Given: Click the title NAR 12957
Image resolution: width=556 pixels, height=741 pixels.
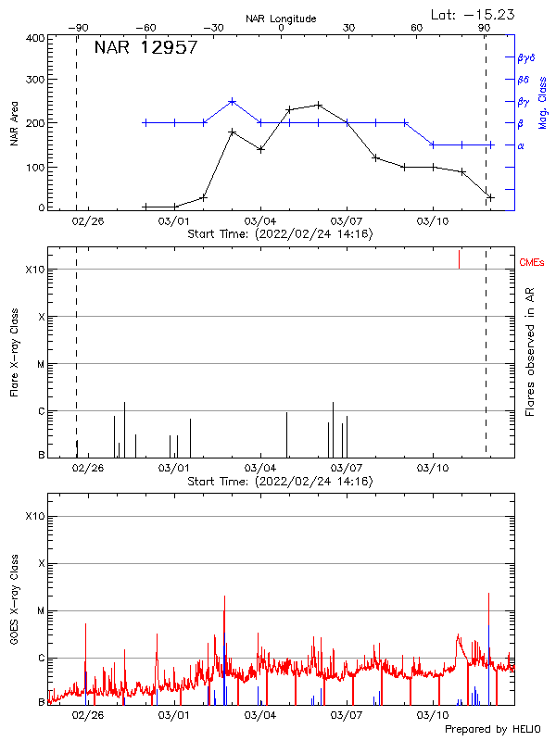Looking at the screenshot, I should click(145, 49).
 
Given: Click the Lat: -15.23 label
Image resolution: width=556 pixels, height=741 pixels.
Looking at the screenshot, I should click(474, 14).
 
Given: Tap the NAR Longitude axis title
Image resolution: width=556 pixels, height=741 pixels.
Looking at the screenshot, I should click(281, 19).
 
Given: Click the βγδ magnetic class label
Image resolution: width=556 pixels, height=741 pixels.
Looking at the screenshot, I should click(525, 57).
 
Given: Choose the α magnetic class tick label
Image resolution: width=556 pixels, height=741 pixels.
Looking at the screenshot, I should click(521, 145).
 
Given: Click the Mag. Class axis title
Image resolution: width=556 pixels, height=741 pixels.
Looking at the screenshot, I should click(543, 102).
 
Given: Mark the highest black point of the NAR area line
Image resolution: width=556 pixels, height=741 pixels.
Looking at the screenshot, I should click(319, 105).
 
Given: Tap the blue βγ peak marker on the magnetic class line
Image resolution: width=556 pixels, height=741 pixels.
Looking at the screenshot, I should click(233, 101).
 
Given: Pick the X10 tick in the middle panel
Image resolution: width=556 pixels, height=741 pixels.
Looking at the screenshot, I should click(34, 270).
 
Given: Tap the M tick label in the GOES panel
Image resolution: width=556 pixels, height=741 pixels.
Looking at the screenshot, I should click(41, 611).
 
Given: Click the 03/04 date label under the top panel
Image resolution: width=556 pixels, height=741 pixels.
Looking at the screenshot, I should click(260, 222).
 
